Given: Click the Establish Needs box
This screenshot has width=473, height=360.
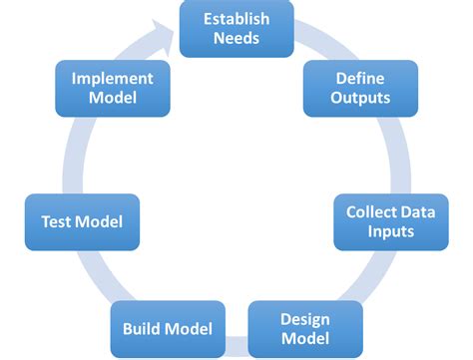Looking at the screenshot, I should [x=236, y=28].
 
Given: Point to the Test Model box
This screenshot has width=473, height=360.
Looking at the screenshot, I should [x=82, y=221].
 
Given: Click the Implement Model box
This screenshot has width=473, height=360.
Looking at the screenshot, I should [x=113, y=87].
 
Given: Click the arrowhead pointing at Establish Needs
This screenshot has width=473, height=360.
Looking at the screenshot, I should [x=169, y=34].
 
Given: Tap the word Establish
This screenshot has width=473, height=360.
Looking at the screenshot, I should [x=236, y=18].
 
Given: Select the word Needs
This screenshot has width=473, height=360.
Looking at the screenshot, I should [x=236, y=39].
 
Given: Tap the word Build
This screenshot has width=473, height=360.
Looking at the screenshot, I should [x=143, y=328].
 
